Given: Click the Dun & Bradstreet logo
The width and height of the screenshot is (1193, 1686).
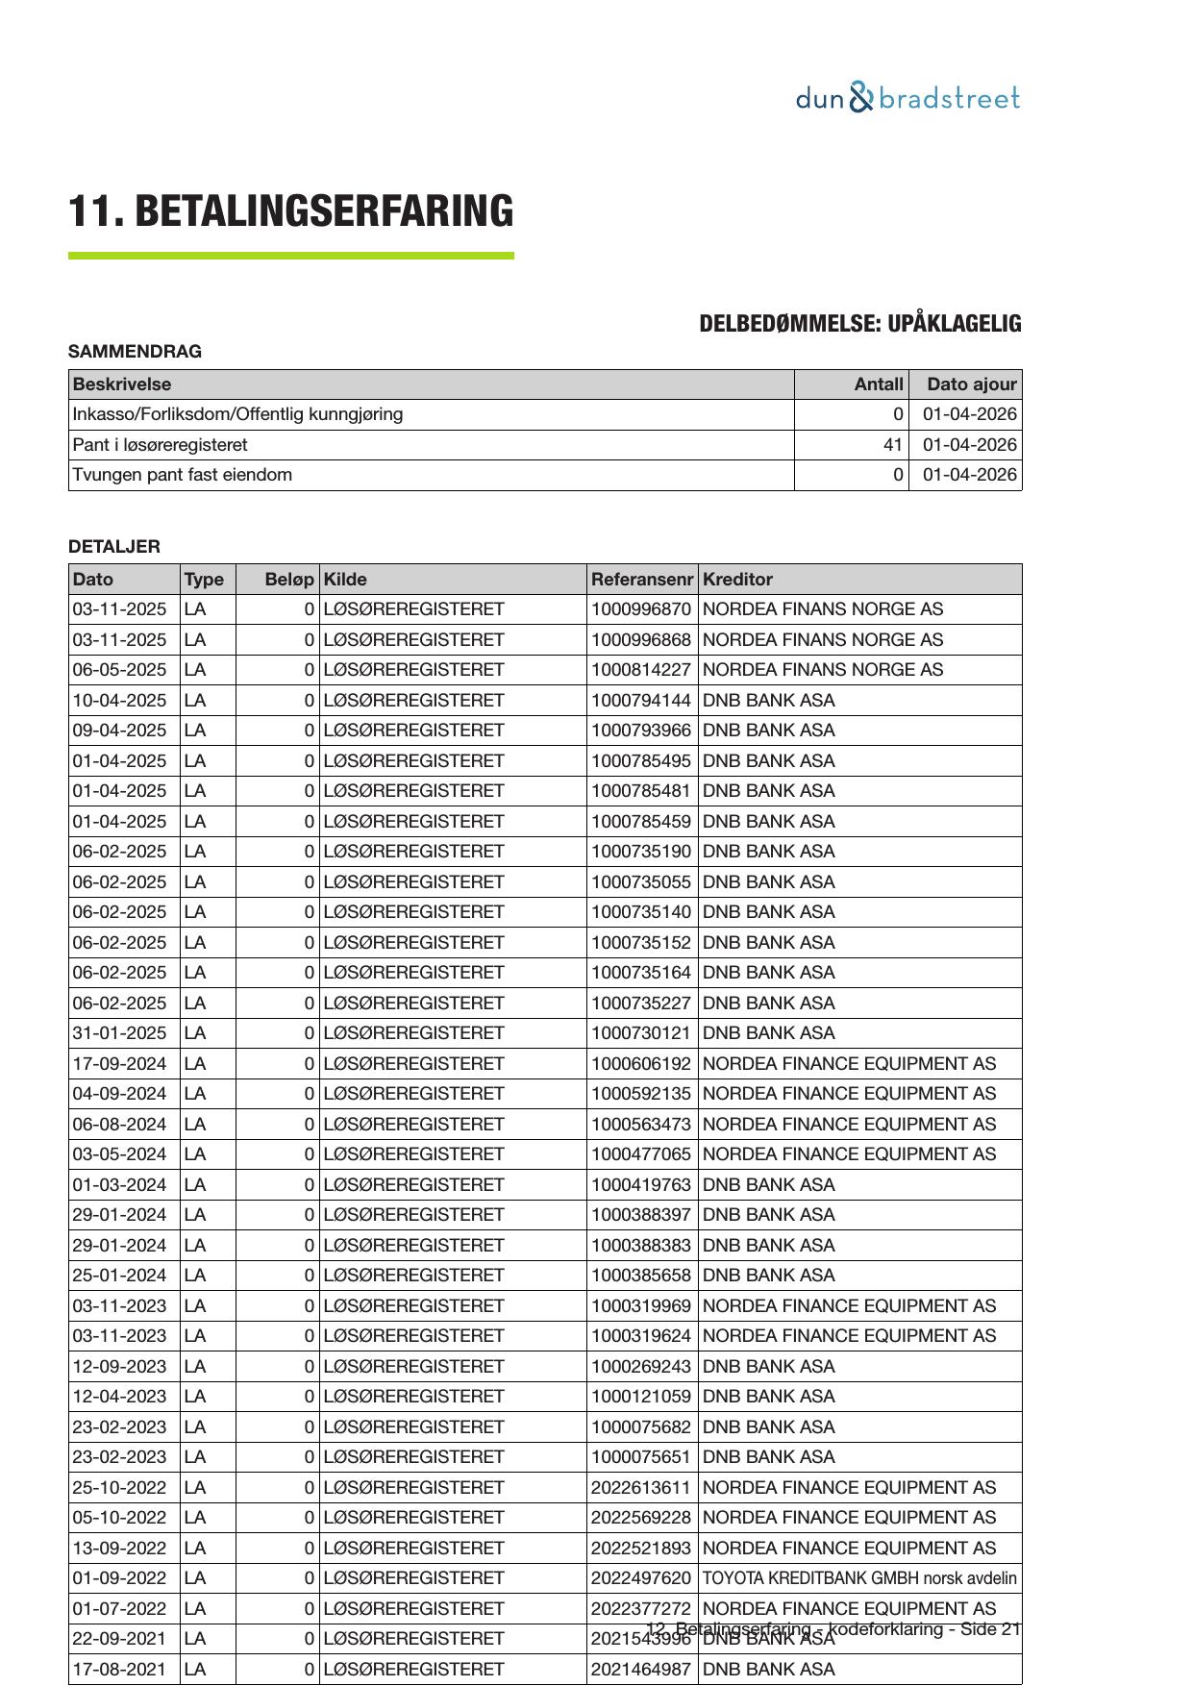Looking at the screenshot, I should click(x=907, y=98).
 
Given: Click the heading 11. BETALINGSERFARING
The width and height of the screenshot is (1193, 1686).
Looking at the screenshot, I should click(x=290, y=211).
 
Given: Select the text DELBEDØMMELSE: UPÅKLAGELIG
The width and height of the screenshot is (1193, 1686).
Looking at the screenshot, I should click(x=859, y=324).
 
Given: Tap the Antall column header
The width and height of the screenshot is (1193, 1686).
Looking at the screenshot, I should click(x=879, y=384).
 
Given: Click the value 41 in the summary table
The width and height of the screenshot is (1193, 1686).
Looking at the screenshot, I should click(x=893, y=445).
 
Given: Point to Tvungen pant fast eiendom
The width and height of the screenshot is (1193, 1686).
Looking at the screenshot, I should click(x=183, y=475).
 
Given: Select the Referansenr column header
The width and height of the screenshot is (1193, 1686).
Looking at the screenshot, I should click(x=641, y=580).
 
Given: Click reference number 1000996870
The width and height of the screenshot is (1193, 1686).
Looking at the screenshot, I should click(x=640, y=609).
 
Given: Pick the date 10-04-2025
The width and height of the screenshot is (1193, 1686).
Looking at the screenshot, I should click(x=119, y=700).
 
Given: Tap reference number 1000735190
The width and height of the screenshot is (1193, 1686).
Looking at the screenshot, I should click(x=640, y=852).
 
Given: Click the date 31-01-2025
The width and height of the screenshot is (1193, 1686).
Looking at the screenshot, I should click(x=119, y=1033).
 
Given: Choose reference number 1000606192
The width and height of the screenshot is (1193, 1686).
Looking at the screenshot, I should click(x=640, y=1064).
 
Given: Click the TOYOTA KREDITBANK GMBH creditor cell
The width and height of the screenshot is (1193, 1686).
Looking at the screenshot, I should click(x=859, y=1578).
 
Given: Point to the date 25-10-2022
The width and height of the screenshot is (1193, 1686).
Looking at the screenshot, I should click(x=119, y=1488).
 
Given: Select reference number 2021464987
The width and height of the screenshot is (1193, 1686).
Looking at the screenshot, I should click(x=640, y=1670).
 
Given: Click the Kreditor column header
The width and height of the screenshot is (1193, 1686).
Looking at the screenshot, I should click(x=737, y=580).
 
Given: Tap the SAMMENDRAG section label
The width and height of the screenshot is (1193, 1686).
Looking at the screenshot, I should click(x=135, y=352).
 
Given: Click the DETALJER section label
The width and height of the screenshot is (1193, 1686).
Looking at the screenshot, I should click(x=114, y=547).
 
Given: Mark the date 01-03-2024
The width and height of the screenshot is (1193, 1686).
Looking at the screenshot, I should click(x=119, y=1185).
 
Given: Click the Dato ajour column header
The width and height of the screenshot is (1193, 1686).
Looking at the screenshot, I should click(x=971, y=384).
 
